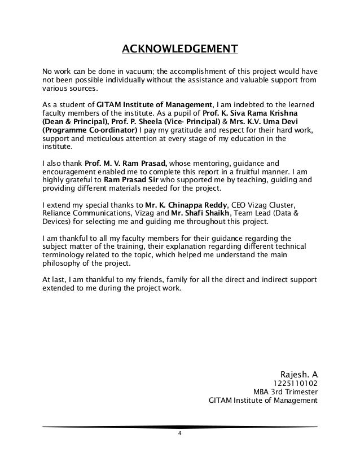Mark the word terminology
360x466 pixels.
(x=64, y=255)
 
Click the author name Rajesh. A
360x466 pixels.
(x=298, y=373)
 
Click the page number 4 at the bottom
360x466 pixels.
(x=179, y=433)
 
